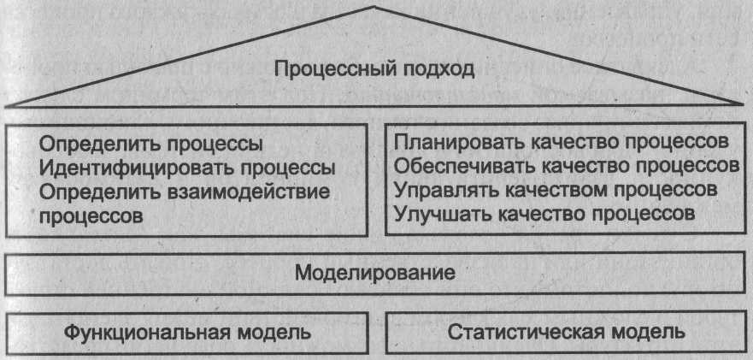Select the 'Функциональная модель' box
click(190, 332)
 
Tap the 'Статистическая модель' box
click(567, 332)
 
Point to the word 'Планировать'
click(450, 140)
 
